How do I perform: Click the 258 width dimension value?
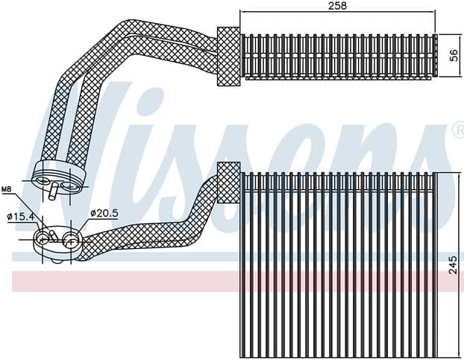coord(337,5)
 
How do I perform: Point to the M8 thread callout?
coord(7,189)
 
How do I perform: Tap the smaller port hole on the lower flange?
coord(44,239)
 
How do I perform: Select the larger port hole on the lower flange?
coord(69,240)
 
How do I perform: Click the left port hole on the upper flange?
coord(45,180)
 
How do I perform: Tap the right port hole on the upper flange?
coord(69,180)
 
